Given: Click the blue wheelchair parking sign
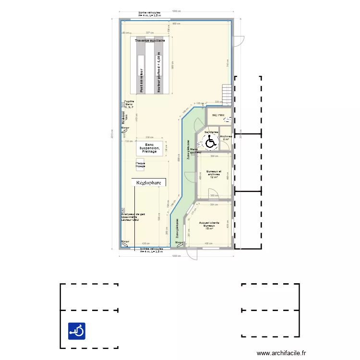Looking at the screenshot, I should (x=77, y=331).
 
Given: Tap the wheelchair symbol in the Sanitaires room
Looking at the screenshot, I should (x=210, y=142).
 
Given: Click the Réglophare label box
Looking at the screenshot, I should (x=149, y=182).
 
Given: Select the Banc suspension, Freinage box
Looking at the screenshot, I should (x=149, y=148).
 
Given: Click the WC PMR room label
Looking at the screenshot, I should (x=218, y=115).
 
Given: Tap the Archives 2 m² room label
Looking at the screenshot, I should (x=226, y=137).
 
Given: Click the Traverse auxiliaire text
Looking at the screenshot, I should (x=150, y=41).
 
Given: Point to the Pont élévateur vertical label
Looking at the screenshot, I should (x=141, y=80).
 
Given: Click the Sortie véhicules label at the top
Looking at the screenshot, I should (x=149, y=13).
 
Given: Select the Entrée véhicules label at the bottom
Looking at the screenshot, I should (x=151, y=250).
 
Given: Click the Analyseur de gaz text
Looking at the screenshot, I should (x=133, y=214).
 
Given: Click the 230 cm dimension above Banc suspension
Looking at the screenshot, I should (x=149, y=137).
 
